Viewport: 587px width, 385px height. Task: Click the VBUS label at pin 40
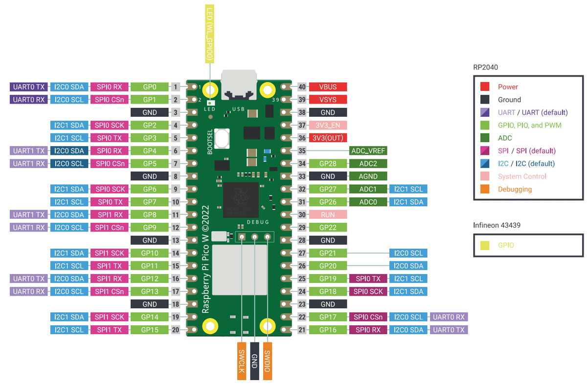pyautogui.click(x=328, y=87)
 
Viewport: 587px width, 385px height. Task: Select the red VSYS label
pyautogui.click(x=328, y=100)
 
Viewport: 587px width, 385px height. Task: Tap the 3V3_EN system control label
pyautogui.click(x=328, y=125)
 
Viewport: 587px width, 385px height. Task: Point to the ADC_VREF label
pyautogui.click(x=368, y=151)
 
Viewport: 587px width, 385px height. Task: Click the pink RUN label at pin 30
pyautogui.click(x=328, y=214)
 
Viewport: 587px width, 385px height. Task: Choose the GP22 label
pyautogui.click(x=328, y=227)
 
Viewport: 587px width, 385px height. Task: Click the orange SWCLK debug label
pyautogui.click(x=242, y=361)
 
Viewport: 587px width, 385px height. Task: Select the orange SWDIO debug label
pyautogui.click(x=267, y=361)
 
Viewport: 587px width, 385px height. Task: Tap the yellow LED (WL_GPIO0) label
pyautogui.click(x=209, y=34)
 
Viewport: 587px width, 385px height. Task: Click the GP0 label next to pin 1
pyautogui.click(x=150, y=87)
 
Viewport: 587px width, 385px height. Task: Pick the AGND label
pyautogui.click(x=368, y=176)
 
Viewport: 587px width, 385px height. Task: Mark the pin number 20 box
pyautogui.click(x=175, y=330)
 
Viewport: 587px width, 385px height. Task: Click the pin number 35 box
pyautogui.click(x=302, y=151)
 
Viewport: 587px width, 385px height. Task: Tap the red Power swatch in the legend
pyautogui.click(x=485, y=87)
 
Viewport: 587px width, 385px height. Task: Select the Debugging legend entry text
pyautogui.click(x=515, y=189)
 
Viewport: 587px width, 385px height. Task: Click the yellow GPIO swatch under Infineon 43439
pyautogui.click(x=485, y=245)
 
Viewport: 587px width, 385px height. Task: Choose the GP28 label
pyautogui.click(x=328, y=164)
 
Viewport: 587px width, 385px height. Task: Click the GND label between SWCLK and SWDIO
pyautogui.click(x=254, y=361)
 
